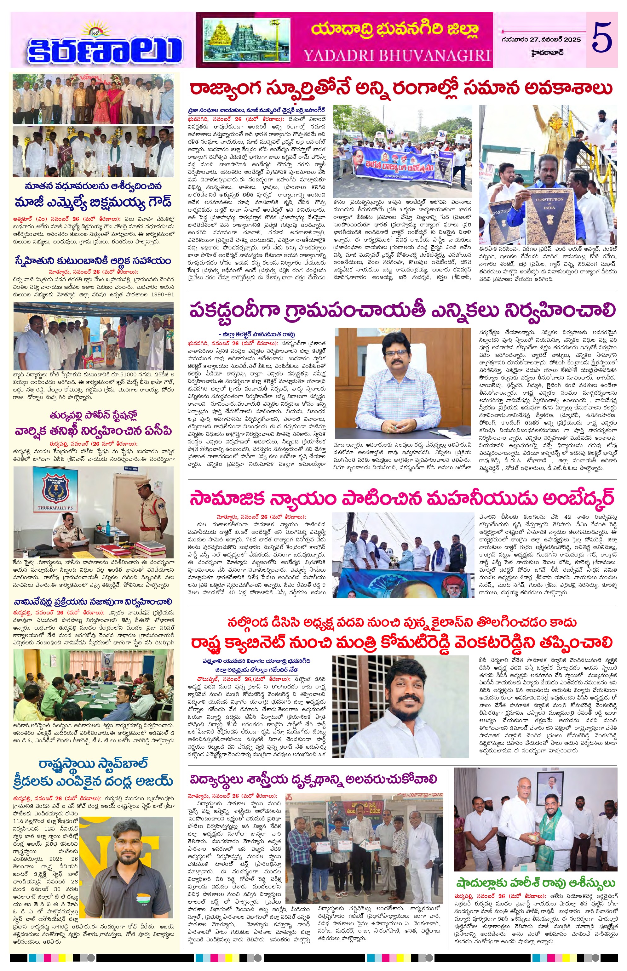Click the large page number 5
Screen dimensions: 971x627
tap(601, 39)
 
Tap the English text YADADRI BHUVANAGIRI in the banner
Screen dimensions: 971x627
tap(397, 55)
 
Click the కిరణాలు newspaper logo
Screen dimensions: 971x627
tap(104, 49)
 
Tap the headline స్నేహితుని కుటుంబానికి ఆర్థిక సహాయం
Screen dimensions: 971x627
tap(93, 260)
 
